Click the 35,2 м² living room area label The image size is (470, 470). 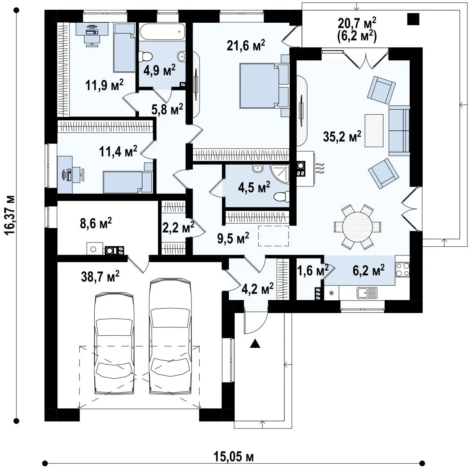[342, 136]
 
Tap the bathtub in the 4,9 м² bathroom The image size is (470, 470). [162, 32]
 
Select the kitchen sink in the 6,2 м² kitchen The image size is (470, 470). [367, 293]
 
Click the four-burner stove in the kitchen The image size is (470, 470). [402, 269]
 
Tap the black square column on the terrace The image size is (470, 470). [413, 19]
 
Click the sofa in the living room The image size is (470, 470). [399, 131]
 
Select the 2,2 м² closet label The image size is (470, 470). [178, 227]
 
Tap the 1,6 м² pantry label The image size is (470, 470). [313, 271]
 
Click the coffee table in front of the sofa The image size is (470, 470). [374, 131]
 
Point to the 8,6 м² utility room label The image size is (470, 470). [96, 223]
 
